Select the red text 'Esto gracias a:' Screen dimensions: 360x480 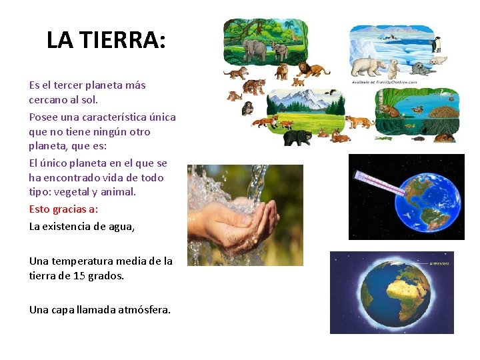click(63, 209)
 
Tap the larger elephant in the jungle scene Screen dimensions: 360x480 click(256, 49)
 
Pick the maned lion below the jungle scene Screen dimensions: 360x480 click(310, 69)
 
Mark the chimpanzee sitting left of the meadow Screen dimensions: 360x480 click(247, 109)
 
